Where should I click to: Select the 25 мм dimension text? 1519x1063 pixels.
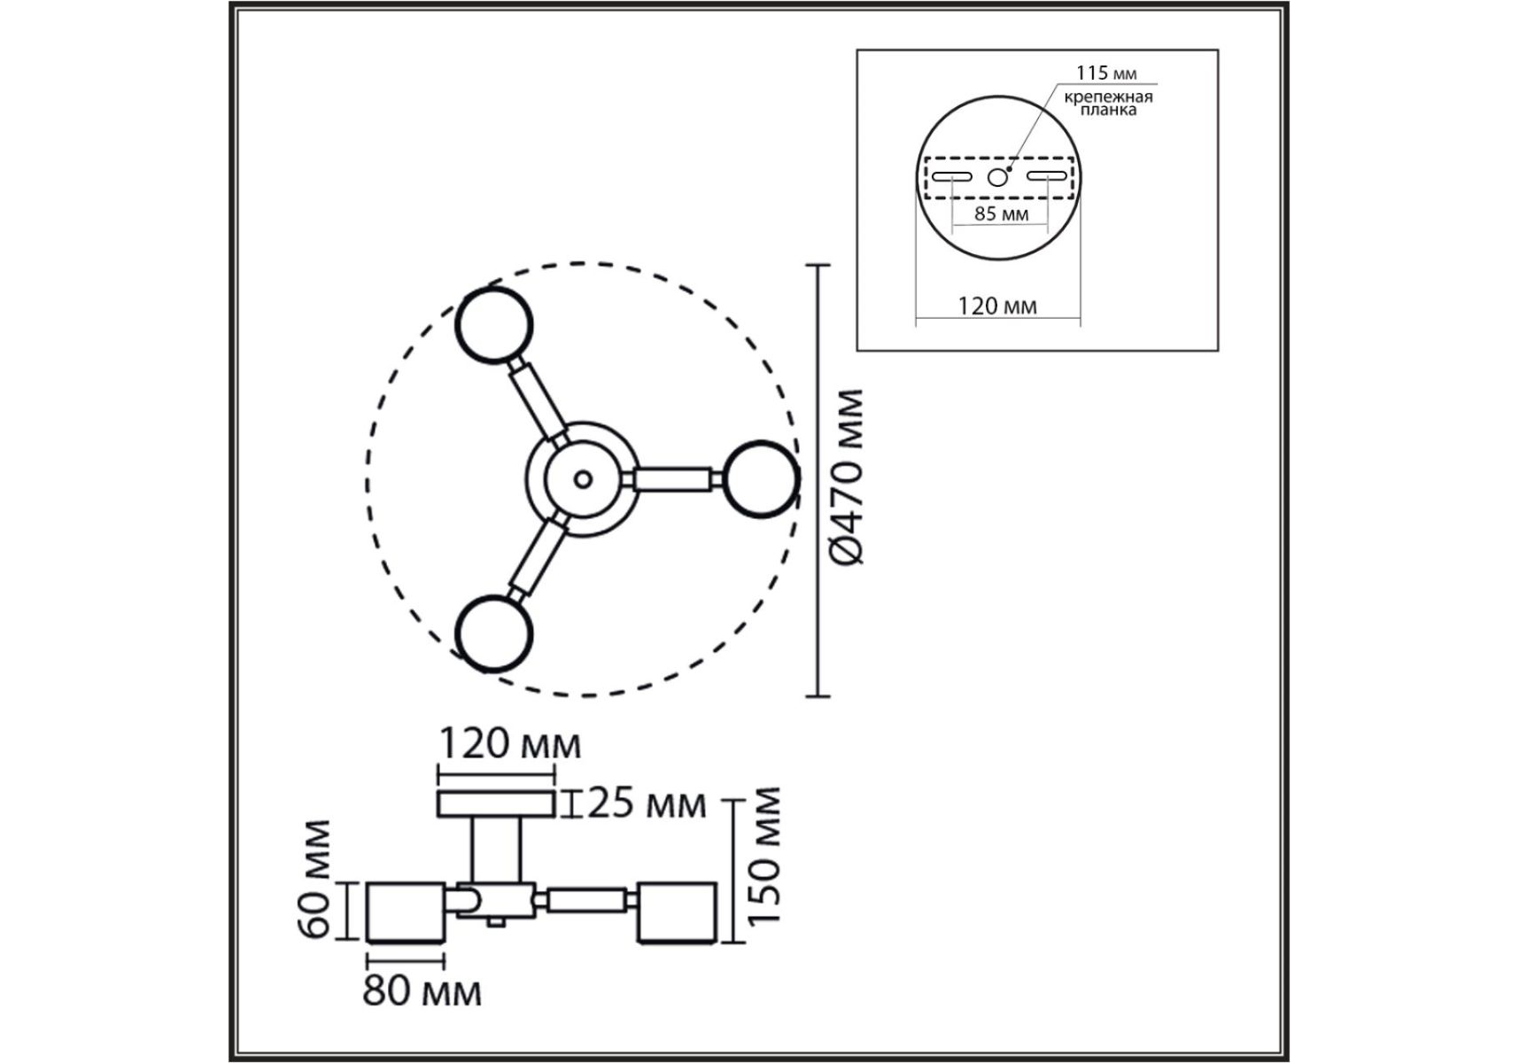click(647, 803)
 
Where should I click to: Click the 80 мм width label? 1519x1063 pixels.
click(422, 991)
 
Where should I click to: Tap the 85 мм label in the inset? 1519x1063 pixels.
click(1001, 213)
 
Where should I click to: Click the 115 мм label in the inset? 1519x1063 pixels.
click(1106, 73)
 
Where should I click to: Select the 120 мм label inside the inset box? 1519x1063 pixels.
click(997, 306)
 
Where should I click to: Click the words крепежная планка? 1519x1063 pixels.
click(1108, 103)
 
